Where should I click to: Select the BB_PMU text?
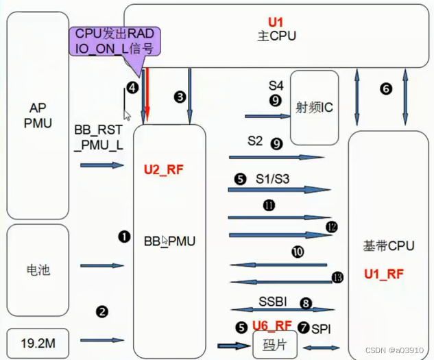(x=169, y=241)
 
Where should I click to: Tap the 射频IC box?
(x=315, y=107)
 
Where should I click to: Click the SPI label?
(x=320, y=329)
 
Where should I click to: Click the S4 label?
(x=276, y=86)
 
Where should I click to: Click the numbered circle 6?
(x=387, y=88)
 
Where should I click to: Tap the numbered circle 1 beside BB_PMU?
(x=124, y=237)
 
